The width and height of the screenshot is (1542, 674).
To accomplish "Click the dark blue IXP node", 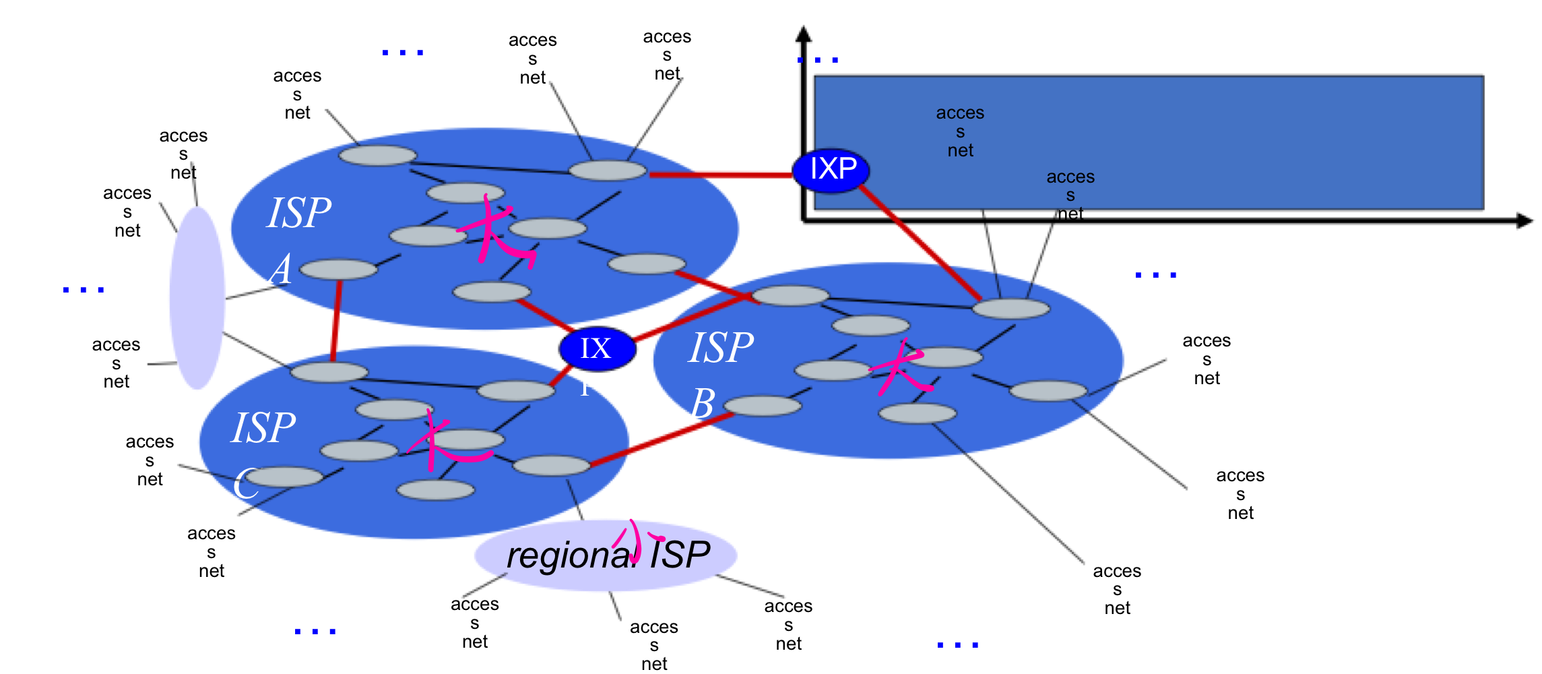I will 831,170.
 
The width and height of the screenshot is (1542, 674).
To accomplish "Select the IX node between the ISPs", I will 597,348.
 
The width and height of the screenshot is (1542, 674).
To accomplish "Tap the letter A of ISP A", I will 282,270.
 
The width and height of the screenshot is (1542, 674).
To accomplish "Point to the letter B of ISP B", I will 703,404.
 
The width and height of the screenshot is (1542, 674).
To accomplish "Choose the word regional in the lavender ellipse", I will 571,556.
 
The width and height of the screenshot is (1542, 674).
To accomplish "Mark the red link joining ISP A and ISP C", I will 335,320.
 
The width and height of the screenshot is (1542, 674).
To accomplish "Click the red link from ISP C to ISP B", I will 660,439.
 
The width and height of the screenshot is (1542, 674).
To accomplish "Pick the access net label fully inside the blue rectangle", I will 960,131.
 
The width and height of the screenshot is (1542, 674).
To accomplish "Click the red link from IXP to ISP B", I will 920,246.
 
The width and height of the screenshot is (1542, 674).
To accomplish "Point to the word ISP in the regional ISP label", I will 680,555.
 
